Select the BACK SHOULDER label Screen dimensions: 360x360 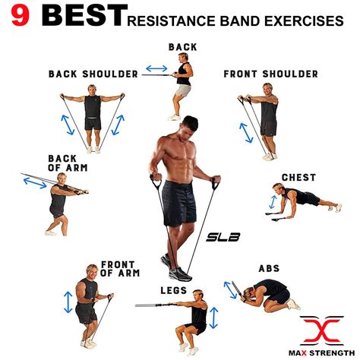[x=93, y=74]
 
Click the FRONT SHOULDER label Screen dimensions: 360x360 [x=270, y=74]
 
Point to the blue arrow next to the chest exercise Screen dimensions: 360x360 [x=271, y=202]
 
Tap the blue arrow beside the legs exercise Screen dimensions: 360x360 [x=214, y=317]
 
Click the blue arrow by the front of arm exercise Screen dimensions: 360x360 [x=68, y=302]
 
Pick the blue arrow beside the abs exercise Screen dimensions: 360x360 [x=230, y=289]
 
